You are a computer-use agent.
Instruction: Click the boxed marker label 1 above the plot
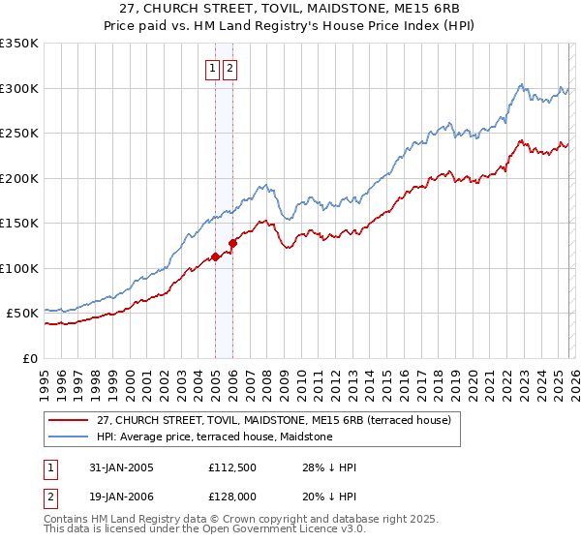212,69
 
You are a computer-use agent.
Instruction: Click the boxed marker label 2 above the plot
229,69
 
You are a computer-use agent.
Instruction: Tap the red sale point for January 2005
215,256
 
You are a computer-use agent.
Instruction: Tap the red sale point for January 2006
232,243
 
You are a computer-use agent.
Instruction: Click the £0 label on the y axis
29,358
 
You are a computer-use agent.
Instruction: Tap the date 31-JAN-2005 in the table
111,467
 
